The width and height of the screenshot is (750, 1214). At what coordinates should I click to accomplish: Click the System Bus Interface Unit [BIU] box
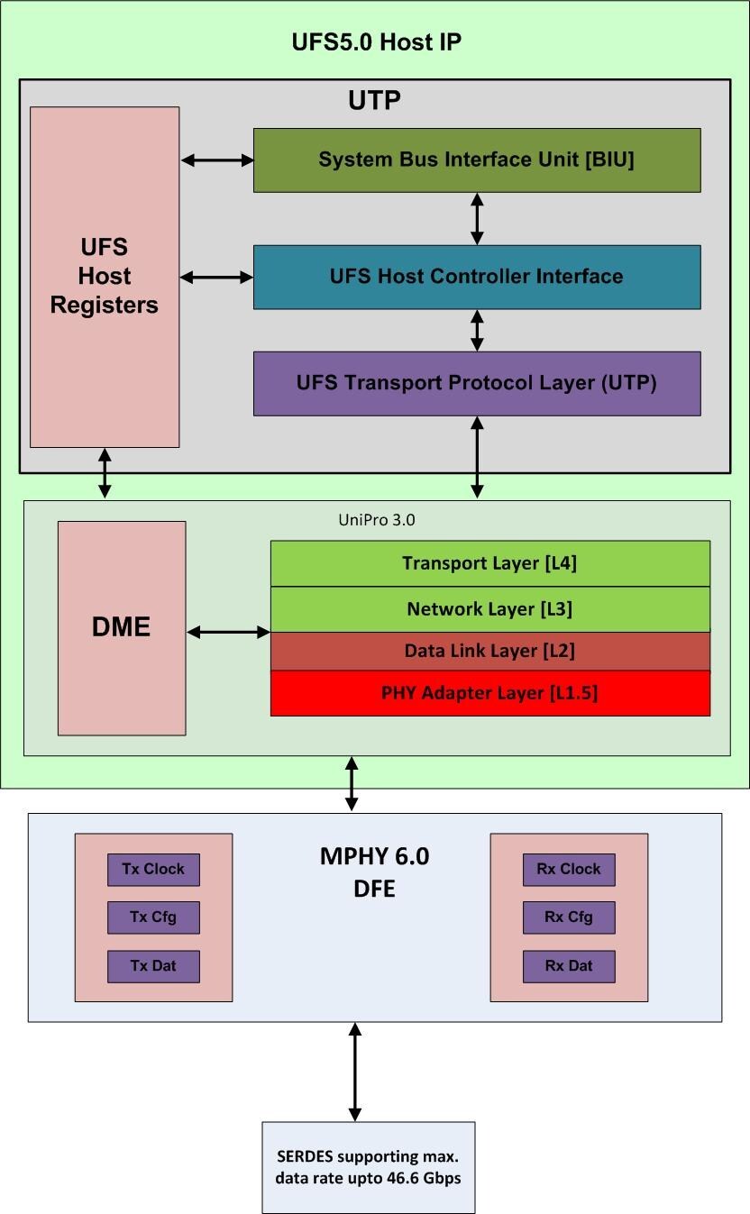coord(476,160)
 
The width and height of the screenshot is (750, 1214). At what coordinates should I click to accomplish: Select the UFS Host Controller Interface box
coord(476,277)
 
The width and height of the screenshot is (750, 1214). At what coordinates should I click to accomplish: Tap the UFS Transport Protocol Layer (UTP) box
coord(476,383)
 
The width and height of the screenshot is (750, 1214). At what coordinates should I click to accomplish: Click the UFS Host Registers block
coord(105,277)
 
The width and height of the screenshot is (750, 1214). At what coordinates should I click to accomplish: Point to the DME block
coord(122,627)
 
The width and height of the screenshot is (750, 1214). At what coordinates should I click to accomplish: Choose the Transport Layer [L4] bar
coord(489,564)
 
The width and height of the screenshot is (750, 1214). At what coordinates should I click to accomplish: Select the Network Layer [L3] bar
coord(489,609)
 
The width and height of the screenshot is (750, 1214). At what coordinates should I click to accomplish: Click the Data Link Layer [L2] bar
coord(489,651)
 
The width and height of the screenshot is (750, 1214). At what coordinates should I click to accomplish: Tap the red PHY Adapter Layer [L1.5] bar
coord(489,693)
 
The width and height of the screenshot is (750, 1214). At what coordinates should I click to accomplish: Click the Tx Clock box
coord(153,870)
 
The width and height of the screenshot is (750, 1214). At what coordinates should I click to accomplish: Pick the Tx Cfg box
coord(153,917)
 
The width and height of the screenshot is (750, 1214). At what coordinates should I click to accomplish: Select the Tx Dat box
coord(153,966)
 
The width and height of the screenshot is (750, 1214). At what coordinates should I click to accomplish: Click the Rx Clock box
coord(569,870)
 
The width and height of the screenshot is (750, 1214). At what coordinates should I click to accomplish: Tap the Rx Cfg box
coord(569,917)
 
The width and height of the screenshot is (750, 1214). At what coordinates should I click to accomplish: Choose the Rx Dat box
coord(569,966)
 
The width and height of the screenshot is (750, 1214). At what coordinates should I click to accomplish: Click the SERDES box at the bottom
coord(368,1167)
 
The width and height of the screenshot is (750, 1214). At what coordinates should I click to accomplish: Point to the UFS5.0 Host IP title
coord(377,42)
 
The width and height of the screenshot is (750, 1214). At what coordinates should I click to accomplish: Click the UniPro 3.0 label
coord(370,520)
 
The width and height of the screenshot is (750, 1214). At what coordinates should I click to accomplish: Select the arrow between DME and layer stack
coord(228,633)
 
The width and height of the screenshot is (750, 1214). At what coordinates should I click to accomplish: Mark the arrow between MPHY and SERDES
coord(354,1072)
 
